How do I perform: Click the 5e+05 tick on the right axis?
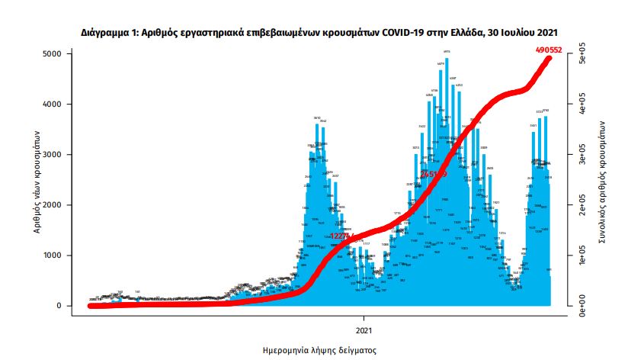click(580, 58)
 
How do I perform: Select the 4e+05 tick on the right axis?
click(580, 108)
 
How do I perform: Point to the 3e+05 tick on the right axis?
click(580, 159)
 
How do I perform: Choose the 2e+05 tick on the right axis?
click(580, 210)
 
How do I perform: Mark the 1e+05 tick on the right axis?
click(580, 260)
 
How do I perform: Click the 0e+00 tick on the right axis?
click(580, 310)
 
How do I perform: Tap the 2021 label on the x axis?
click(364, 330)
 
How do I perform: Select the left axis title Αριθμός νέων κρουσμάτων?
click(36, 180)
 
